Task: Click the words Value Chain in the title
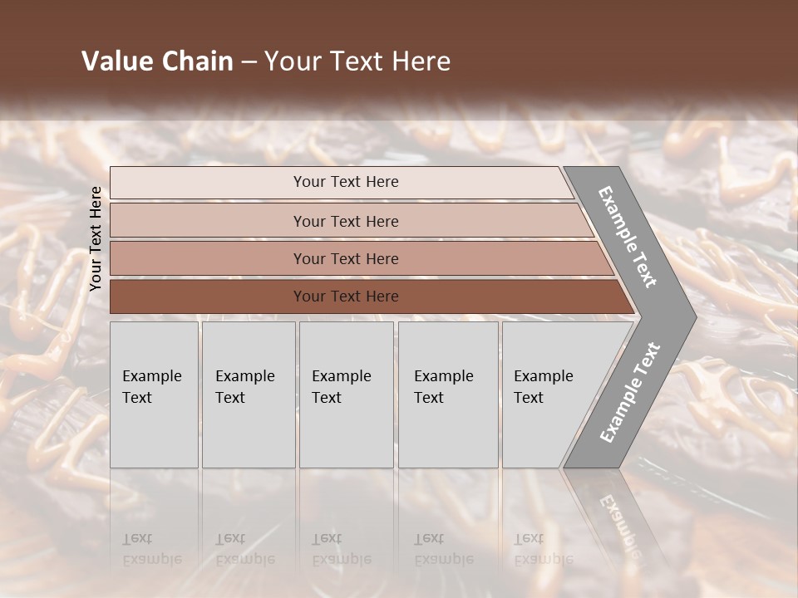[x=157, y=61]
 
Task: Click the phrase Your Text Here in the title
[x=357, y=61]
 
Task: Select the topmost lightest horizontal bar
[x=208, y=183]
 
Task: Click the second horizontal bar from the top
[x=208, y=221]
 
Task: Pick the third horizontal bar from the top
[x=208, y=258]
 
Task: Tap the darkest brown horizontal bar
[x=208, y=297]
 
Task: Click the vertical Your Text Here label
[x=96, y=238]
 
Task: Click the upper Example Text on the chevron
[x=628, y=237]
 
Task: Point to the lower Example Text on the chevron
[x=629, y=393]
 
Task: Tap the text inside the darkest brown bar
[x=346, y=297]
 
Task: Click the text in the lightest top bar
[x=346, y=182]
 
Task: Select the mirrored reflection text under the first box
[x=151, y=549]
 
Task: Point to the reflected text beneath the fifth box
[x=543, y=549]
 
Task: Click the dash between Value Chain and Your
[x=249, y=62]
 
